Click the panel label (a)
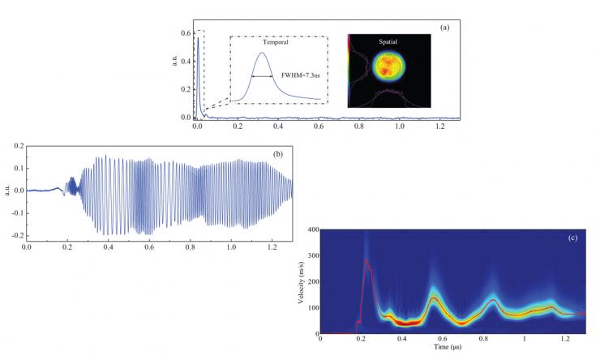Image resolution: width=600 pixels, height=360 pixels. click(x=444, y=28)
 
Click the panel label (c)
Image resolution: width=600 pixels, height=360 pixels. click(x=572, y=238)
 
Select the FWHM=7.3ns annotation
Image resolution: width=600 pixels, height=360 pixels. click(x=300, y=76)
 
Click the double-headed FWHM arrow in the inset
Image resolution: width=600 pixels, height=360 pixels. click(x=262, y=76)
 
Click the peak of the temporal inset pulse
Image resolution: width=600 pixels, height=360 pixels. click(x=262, y=54)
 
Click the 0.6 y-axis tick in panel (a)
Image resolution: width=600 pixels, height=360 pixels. click(x=185, y=33)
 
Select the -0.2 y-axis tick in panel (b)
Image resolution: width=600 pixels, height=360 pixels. click(x=16, y=234)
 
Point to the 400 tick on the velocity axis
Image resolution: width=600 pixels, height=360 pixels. click(x=311, y=230)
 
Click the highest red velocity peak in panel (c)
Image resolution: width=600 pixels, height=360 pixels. click(x=366, y=260)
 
